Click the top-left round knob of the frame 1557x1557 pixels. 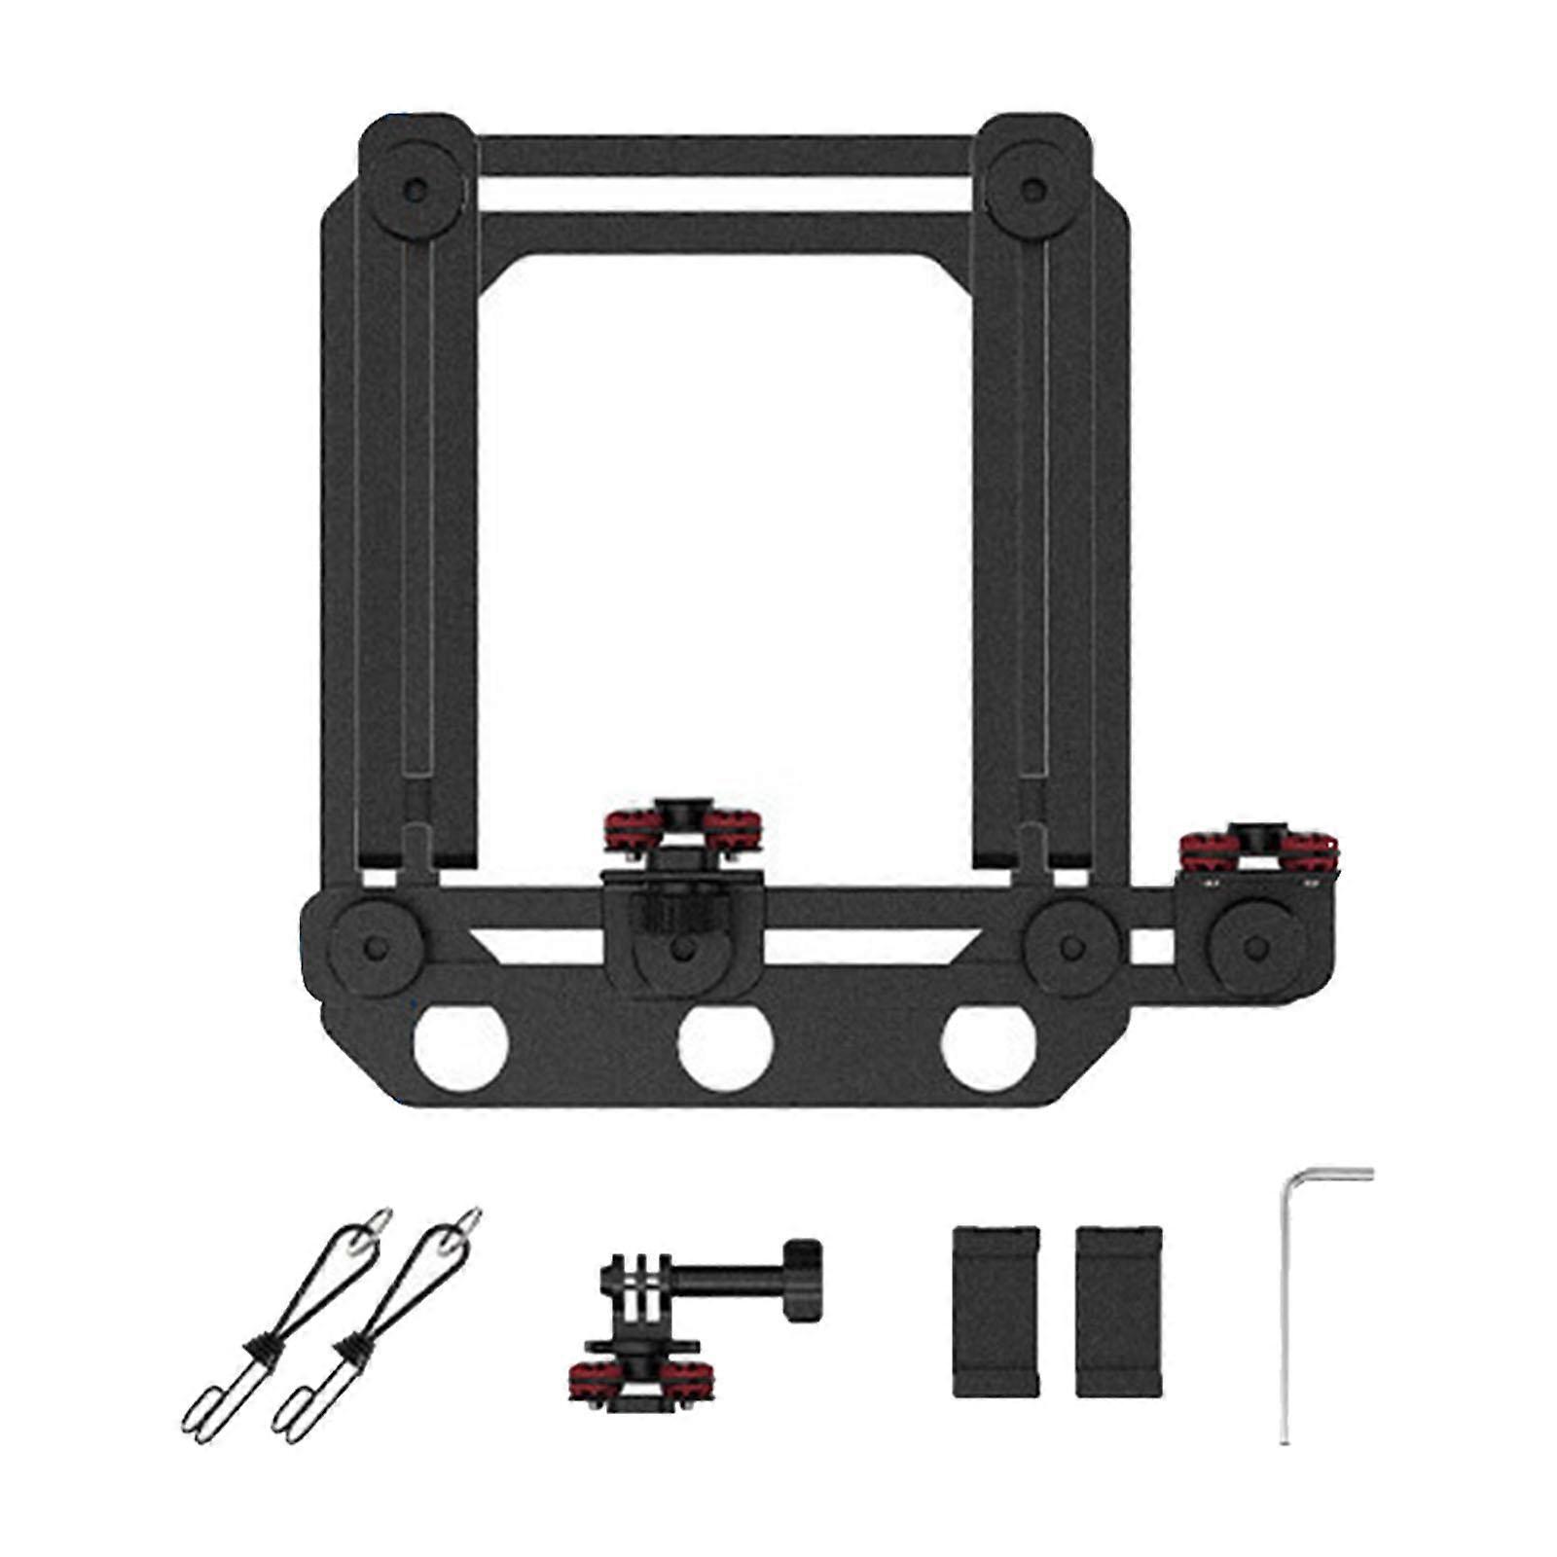point(416,189)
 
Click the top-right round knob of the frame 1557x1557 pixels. point(1033,189)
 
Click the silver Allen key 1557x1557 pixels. point(1285,1314)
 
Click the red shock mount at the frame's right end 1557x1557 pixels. point(1258,850)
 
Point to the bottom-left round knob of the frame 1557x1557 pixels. point(374,948)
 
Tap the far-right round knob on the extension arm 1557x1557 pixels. point(1255,948)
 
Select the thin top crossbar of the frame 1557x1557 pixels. point(725,156)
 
